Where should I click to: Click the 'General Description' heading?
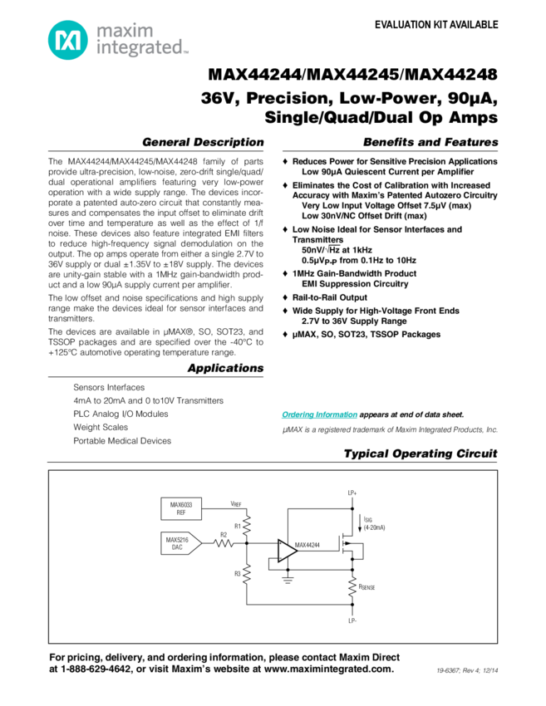[x=203, y=141]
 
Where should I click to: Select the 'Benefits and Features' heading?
[x=435, y=141]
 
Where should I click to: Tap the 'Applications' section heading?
[x=225, y=368]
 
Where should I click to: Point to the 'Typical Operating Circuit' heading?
[x=421, y=454]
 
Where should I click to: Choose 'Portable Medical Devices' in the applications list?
[x=121, y=440]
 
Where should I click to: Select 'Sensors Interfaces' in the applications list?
[x=108, y=386]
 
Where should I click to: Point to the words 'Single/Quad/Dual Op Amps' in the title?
[x=381, y=117]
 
